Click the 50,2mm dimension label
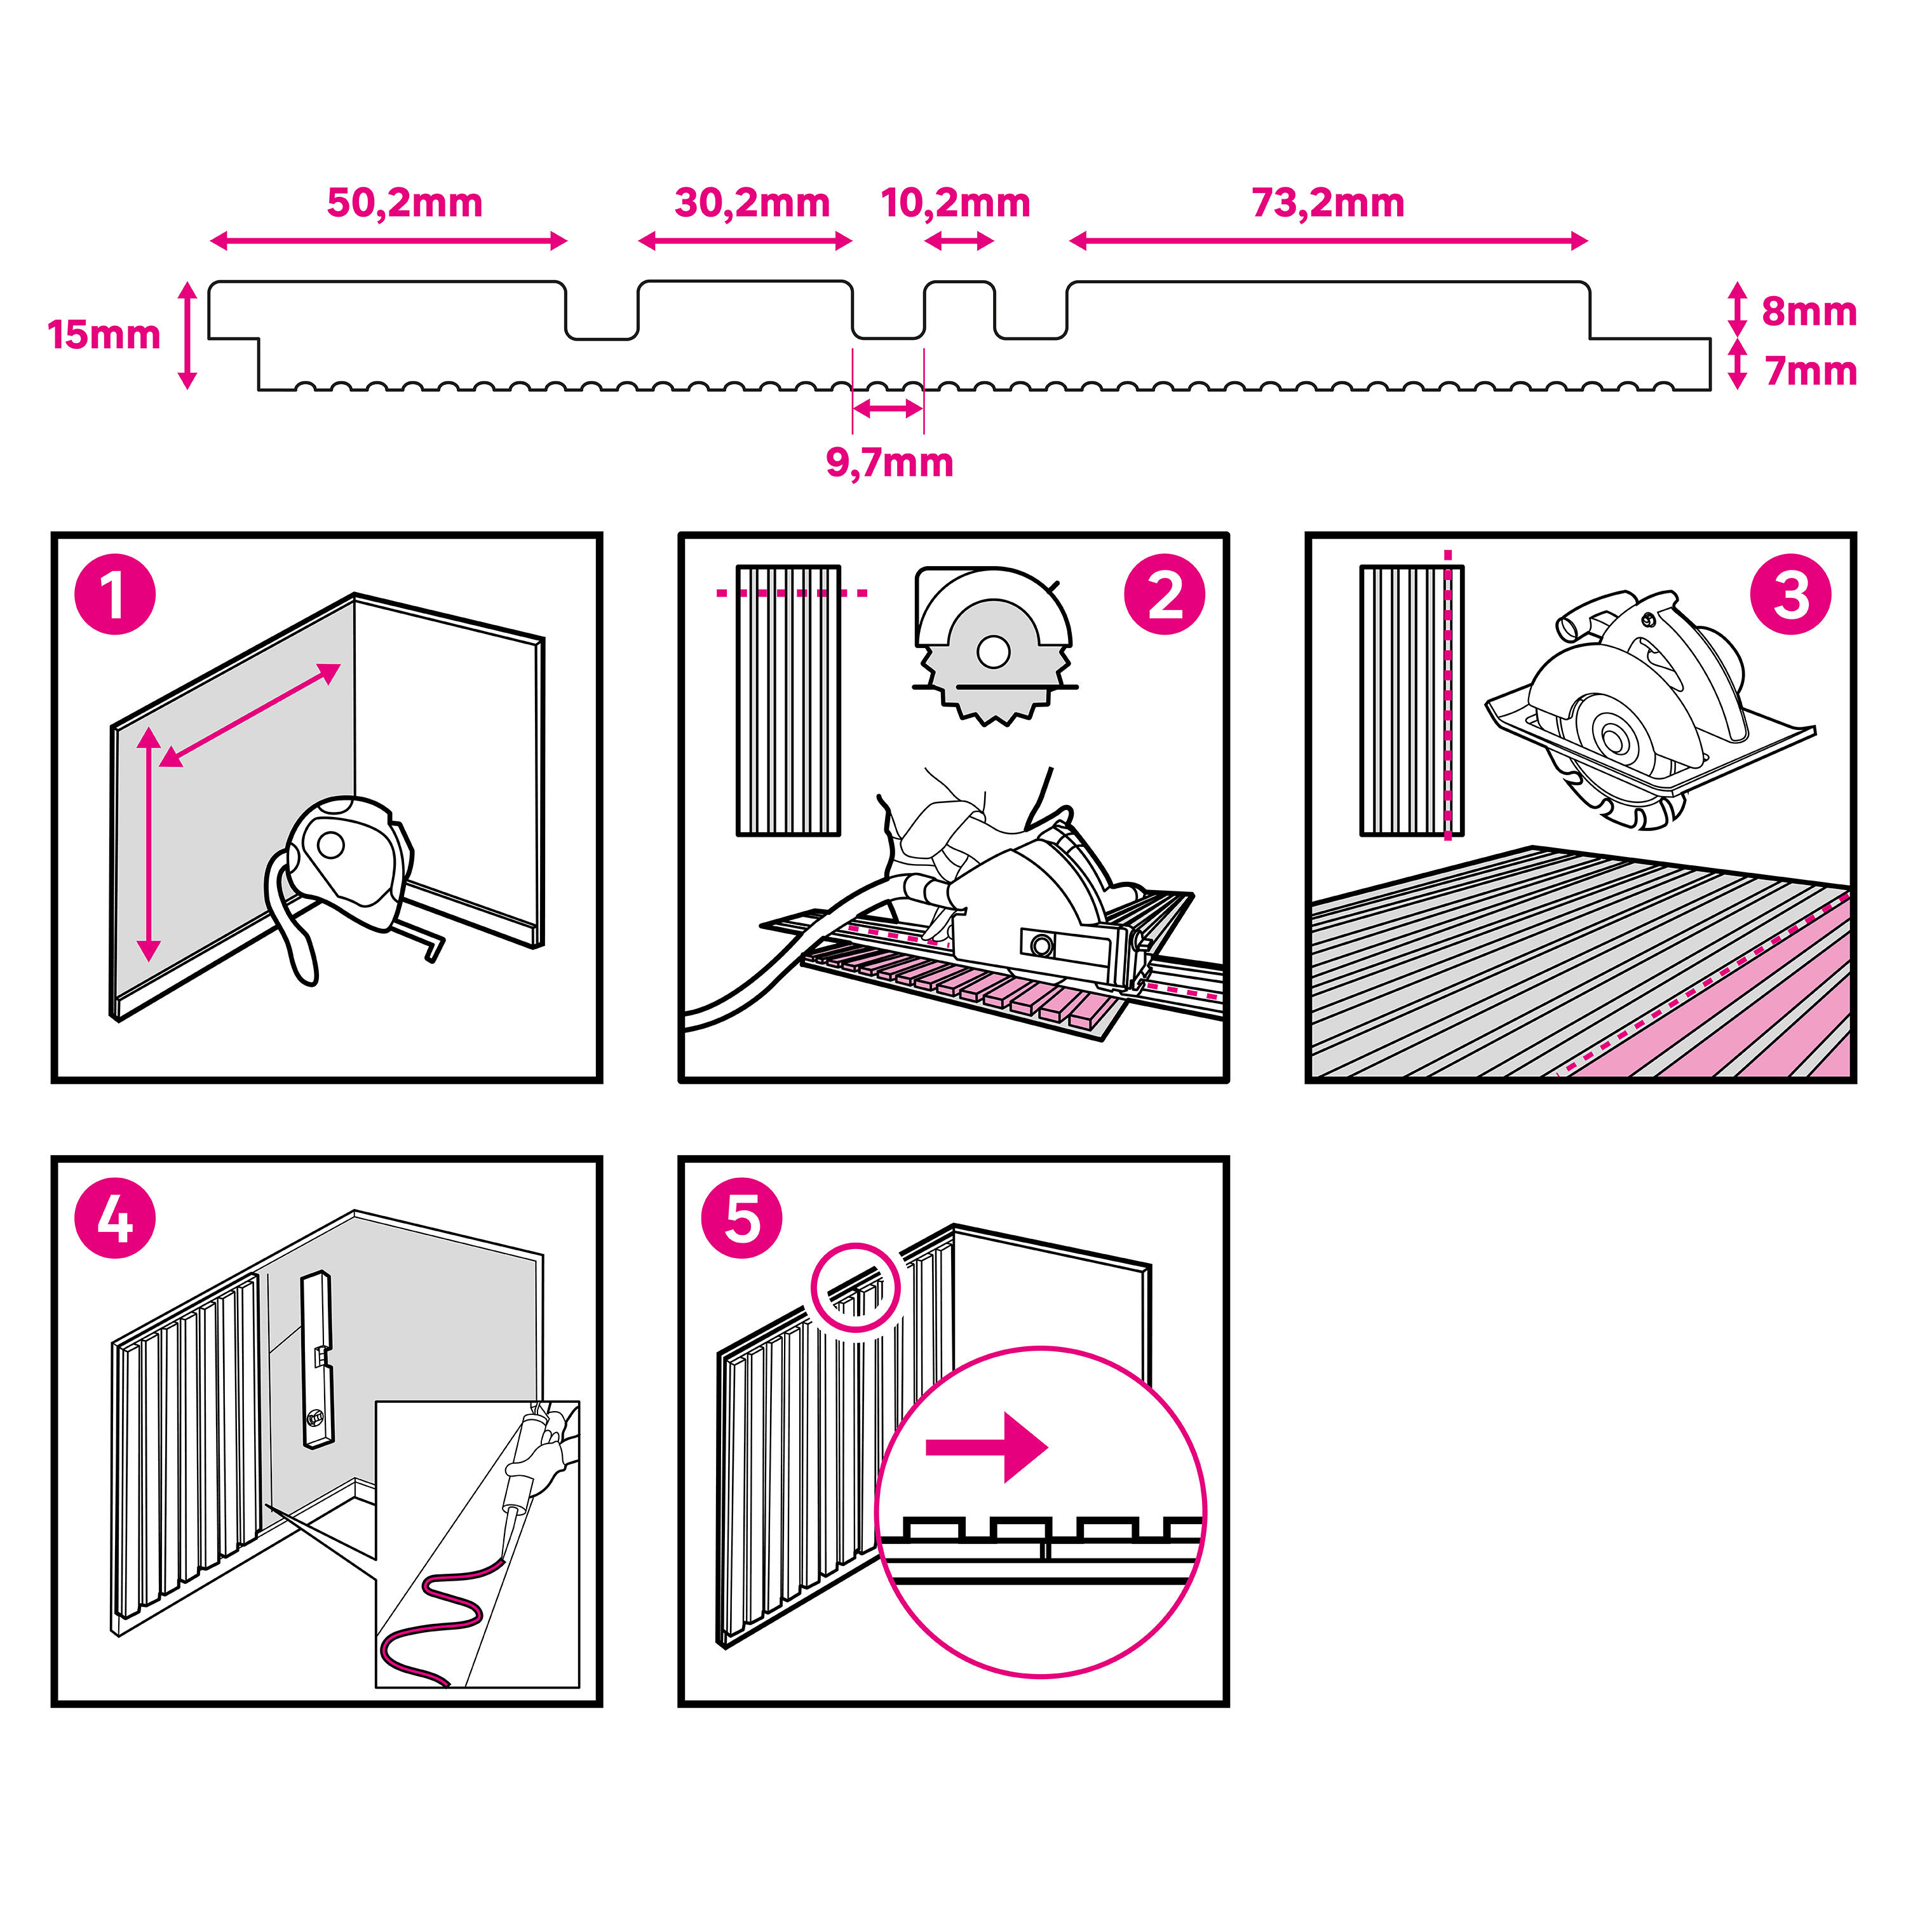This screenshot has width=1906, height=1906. [405, 203]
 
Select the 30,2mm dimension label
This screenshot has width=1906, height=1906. [752, 203]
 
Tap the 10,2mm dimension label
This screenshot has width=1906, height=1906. [955, 203]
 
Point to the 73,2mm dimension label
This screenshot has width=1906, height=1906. [1328, 203]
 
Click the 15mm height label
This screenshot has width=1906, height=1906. [104, 335]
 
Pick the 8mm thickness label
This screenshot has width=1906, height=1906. [1808, 312]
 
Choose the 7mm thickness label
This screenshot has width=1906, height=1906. [1810, 372]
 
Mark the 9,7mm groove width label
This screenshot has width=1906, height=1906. [889, 463]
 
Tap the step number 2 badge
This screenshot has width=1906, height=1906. [1164, 595]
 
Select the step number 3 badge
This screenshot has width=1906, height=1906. [1790, 595]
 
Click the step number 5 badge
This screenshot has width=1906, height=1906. [742, 1219]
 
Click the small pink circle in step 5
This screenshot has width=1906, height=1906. [855, 1287]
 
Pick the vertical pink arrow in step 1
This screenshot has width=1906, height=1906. [149, 844]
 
